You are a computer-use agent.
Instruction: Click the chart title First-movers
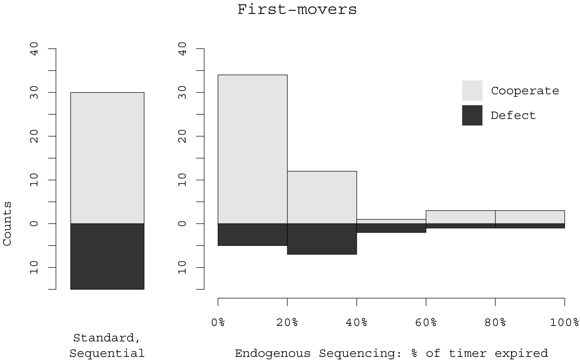[297, 9]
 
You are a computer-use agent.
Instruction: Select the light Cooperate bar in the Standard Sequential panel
[107, 158]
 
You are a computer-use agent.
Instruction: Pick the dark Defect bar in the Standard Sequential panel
[107, 256]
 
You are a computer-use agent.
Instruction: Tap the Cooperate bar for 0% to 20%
[252, 149]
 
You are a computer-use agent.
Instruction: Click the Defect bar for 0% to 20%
[252, 234]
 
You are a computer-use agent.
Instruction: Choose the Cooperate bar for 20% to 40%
[322, 197]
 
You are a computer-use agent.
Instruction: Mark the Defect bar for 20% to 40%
[322, 239]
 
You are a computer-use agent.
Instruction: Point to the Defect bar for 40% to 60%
[391, 228]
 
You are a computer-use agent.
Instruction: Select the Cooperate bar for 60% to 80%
[460, 217]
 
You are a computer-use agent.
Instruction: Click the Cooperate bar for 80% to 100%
[530, 217]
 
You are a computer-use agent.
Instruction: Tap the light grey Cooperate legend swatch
[472, 91]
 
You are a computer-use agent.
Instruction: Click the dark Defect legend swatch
[472, 115]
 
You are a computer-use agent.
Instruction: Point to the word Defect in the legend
[513, 115]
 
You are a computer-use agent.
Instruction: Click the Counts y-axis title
[7, 224]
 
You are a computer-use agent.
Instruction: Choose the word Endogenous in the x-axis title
[272, 353]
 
